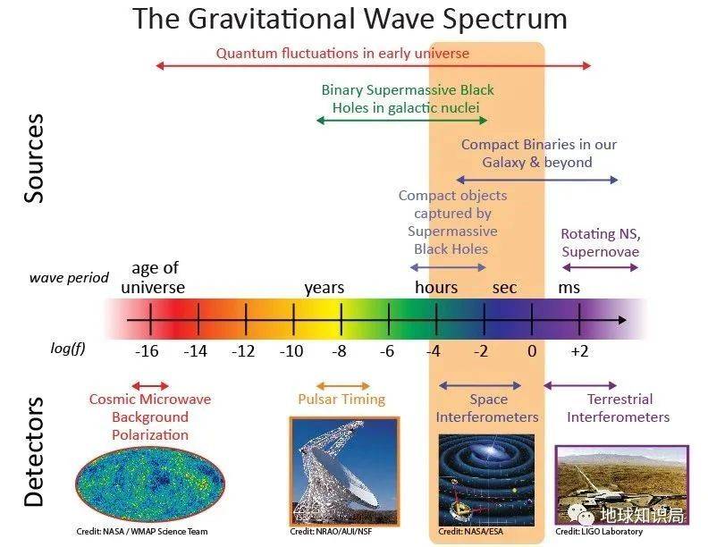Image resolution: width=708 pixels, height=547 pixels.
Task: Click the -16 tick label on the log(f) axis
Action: point(147,351)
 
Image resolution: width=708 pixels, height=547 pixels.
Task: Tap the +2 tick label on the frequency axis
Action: point(580,351)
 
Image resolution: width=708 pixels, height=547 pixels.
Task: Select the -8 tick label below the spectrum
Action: point(339,351)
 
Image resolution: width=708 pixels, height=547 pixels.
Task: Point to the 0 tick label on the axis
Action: point(532,351)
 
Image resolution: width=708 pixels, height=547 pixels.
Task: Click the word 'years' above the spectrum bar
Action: point(324,288)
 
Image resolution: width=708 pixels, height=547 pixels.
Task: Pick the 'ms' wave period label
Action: point(569,288)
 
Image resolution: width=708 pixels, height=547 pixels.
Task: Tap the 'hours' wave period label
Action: point(436,287)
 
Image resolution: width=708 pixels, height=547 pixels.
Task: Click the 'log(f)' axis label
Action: point(68,349)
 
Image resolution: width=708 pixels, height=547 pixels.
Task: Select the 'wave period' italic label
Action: point(69,278)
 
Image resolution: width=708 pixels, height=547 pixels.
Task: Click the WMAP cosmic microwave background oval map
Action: point(150,484)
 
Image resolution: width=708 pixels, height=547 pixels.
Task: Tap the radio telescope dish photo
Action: point(344,472)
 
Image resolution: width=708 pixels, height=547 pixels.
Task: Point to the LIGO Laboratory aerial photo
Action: point(622,485)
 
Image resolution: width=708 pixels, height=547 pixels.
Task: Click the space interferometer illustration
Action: point(486,480)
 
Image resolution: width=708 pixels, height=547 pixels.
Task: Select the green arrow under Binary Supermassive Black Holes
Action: point(402,121)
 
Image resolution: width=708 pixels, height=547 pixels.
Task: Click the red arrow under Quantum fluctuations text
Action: point(374,66)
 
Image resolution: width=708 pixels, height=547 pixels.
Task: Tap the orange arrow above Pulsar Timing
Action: point(342,386)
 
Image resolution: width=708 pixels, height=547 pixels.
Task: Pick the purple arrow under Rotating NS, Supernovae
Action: point(600,267)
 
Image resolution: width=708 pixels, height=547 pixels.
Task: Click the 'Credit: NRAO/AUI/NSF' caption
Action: point(331,532)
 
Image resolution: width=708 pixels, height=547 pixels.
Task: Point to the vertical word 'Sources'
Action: point(34,158)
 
